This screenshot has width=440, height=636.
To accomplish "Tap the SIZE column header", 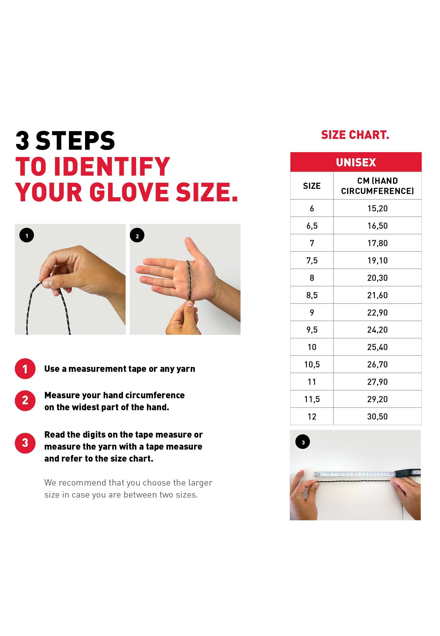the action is tap(312, 186).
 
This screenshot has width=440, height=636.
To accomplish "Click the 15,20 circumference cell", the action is tap(377, 208).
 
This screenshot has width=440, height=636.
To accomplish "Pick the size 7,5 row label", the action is tap(312, 260).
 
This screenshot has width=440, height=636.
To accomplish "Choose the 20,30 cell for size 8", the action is tap(377, 278).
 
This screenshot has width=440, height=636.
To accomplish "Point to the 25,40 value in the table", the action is tap(377, 347).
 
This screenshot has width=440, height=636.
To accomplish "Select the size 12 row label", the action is tap(312, 417).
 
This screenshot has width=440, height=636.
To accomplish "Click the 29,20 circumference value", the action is tap(377, 399).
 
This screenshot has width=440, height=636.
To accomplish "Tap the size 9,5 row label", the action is tap(312, 329).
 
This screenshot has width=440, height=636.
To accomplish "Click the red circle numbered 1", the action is tap(25, 369).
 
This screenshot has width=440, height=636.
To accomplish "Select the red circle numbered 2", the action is tap(25, 400).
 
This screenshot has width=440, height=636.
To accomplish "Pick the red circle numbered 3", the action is tap(25, 443).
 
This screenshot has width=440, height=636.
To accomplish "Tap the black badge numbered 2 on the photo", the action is tap(137, 235).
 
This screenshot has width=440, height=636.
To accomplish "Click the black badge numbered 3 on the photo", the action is tap(303, 442).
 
